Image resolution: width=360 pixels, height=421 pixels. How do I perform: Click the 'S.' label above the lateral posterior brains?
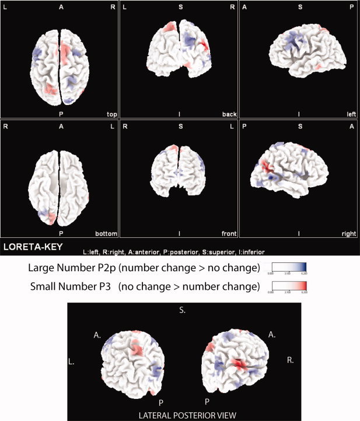(183, 313)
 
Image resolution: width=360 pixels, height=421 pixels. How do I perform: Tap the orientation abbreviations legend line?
(173, 252)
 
